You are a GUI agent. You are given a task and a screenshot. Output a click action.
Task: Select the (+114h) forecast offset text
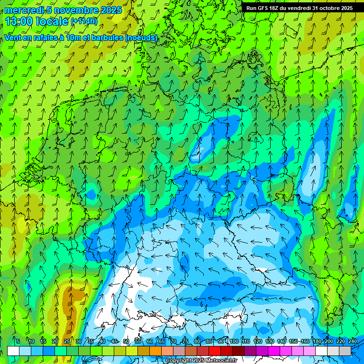[83, 21]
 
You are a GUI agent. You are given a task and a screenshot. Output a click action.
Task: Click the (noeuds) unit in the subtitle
[141, 37]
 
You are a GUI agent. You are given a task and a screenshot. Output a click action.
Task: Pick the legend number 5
[18, 341]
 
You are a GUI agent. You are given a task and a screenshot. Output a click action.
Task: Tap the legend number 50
[126, 341]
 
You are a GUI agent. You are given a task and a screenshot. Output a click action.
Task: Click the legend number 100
[234, 341]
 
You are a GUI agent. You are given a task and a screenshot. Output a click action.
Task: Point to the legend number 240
[353, 341]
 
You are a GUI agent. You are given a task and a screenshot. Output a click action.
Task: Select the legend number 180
[317, 341]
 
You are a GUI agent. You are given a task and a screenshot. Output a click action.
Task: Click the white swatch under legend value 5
[13, 351]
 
